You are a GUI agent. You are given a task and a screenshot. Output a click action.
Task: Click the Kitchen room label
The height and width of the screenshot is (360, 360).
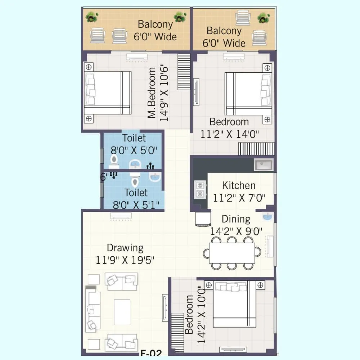click(239, 186)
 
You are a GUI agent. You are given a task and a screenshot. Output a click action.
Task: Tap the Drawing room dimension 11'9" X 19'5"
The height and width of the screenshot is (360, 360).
click(125, 260)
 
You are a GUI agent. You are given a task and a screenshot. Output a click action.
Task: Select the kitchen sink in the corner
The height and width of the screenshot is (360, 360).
click(264, 165)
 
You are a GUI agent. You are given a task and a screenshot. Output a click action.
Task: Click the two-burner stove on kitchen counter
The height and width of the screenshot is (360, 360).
click(199, 190)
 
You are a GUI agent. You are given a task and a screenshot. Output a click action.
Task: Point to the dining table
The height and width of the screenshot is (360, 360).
click(232, 253)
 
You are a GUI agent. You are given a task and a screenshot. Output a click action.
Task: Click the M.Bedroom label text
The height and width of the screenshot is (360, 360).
click(152, 93)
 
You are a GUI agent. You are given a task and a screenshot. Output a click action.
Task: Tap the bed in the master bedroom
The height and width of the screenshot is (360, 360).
click(108, 93)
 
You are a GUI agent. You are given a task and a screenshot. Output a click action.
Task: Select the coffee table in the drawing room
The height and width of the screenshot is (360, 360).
click(122, 312)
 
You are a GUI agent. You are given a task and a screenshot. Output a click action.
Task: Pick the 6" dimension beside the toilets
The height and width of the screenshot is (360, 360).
click(104, 177)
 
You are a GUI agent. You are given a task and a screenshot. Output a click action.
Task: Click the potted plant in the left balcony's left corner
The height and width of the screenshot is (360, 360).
click(92, 17)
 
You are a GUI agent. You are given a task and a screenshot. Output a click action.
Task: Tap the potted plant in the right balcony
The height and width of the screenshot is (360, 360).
click(264, 17)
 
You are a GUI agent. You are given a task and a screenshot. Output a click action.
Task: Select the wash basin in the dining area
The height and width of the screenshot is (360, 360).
click(267, 217)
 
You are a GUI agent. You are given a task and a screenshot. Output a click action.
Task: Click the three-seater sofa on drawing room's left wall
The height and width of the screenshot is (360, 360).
click(93, 309)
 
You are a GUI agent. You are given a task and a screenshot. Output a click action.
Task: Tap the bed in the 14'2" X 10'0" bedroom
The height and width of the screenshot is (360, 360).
click(235, 304)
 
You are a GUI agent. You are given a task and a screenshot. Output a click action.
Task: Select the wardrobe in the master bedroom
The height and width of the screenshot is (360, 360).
click(184, 72)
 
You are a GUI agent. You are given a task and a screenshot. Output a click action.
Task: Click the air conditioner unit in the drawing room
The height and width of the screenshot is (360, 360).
click(121, 216)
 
